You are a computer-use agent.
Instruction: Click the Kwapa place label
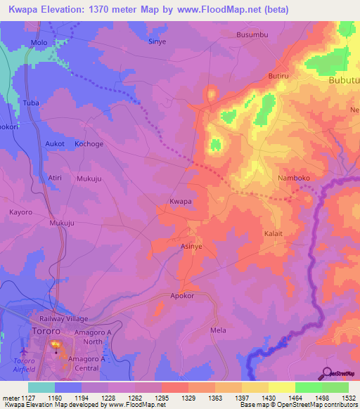[181, 202]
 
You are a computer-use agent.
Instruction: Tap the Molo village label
[39, 43]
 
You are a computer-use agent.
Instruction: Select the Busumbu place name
[253, 34]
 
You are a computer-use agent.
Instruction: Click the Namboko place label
[294, 178]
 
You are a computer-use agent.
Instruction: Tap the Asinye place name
[192, 247]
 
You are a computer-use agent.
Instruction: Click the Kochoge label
[89, 143]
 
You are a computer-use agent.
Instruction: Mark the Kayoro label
[21, 212]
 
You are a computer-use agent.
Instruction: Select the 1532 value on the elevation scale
[348, 398]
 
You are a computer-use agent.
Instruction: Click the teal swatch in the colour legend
[41, 387]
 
